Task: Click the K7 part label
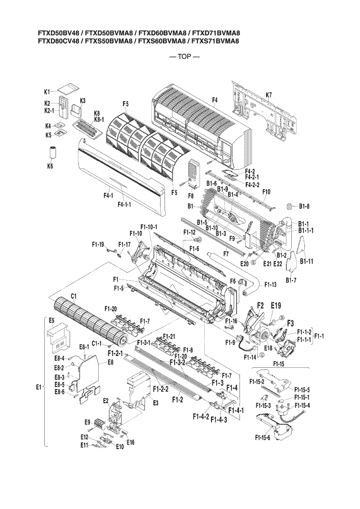point(269,95)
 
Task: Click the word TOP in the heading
point(185,57)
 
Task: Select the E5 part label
point(51,320)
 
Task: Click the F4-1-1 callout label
point(126,204)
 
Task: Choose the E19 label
point(276,305)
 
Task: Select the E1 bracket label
point(39,387)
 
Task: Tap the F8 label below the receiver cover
point(190,196)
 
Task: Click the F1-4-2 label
point(200,416)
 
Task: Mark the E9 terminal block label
point(88,422)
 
